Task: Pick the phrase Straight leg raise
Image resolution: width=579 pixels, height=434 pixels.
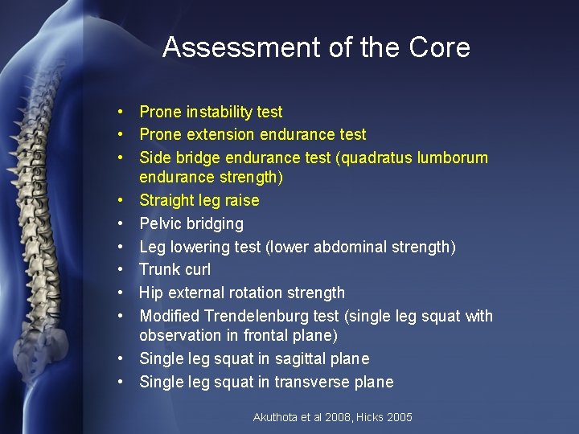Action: pyautogui.click(x=199, y=200)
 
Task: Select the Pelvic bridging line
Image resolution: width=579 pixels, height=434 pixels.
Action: pyautogui.click(x=191, y=223)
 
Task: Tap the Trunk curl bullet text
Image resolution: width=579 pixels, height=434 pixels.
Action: pyautogui.click(x=176, y=269)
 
